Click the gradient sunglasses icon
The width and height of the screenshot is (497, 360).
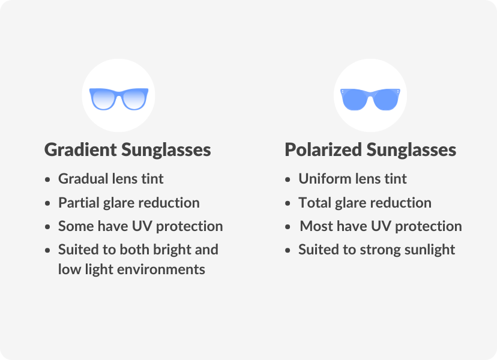pos(118,98)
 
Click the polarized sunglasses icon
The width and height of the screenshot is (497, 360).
pos(370,98)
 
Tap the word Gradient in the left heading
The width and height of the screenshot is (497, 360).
pos(80,150)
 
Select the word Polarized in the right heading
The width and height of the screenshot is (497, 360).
pos(323,150)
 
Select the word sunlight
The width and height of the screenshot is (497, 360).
pos(430,250)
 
